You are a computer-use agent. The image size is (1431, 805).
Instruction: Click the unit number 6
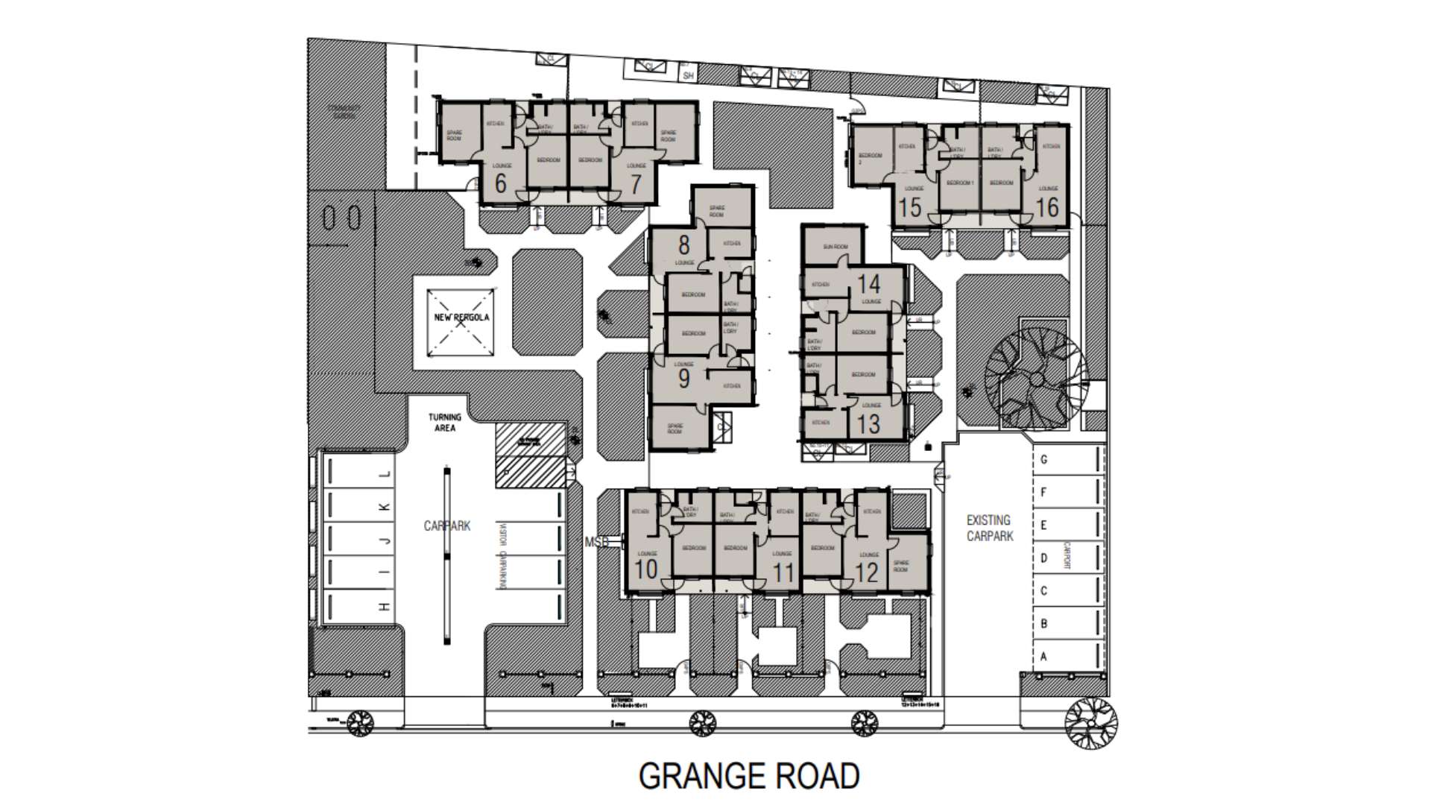pyautogui.click(x=500, y=183)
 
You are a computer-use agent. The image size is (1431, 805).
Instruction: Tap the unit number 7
pyautogui.click(x=635, y=184)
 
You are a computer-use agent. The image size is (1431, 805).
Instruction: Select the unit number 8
pyautogui.click(x=683, y=244)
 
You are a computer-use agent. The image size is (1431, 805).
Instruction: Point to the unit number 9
pyautogui.click(x=683, y=379)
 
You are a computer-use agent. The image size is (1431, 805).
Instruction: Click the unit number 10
pyautogui.click(x=646, y=569)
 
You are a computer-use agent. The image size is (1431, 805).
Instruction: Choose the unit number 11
pyautogui.click(x=783, y=572)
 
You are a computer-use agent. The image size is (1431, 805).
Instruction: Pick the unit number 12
pyautogui.click(x=867, y=572)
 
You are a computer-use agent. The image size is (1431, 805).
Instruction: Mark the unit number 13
pyautogui.click(x=868, y=424)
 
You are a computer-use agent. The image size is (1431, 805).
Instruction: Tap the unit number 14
pyautogui.click(x=869, y=283)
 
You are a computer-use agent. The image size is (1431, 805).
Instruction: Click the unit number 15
pyautogui.click(x=909, y=207)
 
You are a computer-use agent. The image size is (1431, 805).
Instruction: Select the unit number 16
pyautogui.click(x=1047, y=207)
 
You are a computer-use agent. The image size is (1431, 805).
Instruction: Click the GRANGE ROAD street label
pyautogui.click(x=749, y=776)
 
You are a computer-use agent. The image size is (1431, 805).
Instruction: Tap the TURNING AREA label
pyautogui.click(x=445, y=423)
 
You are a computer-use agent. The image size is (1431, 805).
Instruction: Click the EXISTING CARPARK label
pyautogui.click(x=989, y=528)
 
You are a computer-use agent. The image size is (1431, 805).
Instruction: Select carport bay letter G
pyautogui.click(x=1043, y=460)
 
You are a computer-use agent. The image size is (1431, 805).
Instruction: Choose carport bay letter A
pyautogui.click(x=1043, y=657)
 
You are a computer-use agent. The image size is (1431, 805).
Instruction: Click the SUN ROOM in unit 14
pyautogui.click(x=835, y=247)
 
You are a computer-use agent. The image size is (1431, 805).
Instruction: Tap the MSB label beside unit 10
pyautogui.click(x=597, y=543)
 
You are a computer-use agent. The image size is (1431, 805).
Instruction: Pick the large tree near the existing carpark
pyautogui.click(x=1036, y=377)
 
